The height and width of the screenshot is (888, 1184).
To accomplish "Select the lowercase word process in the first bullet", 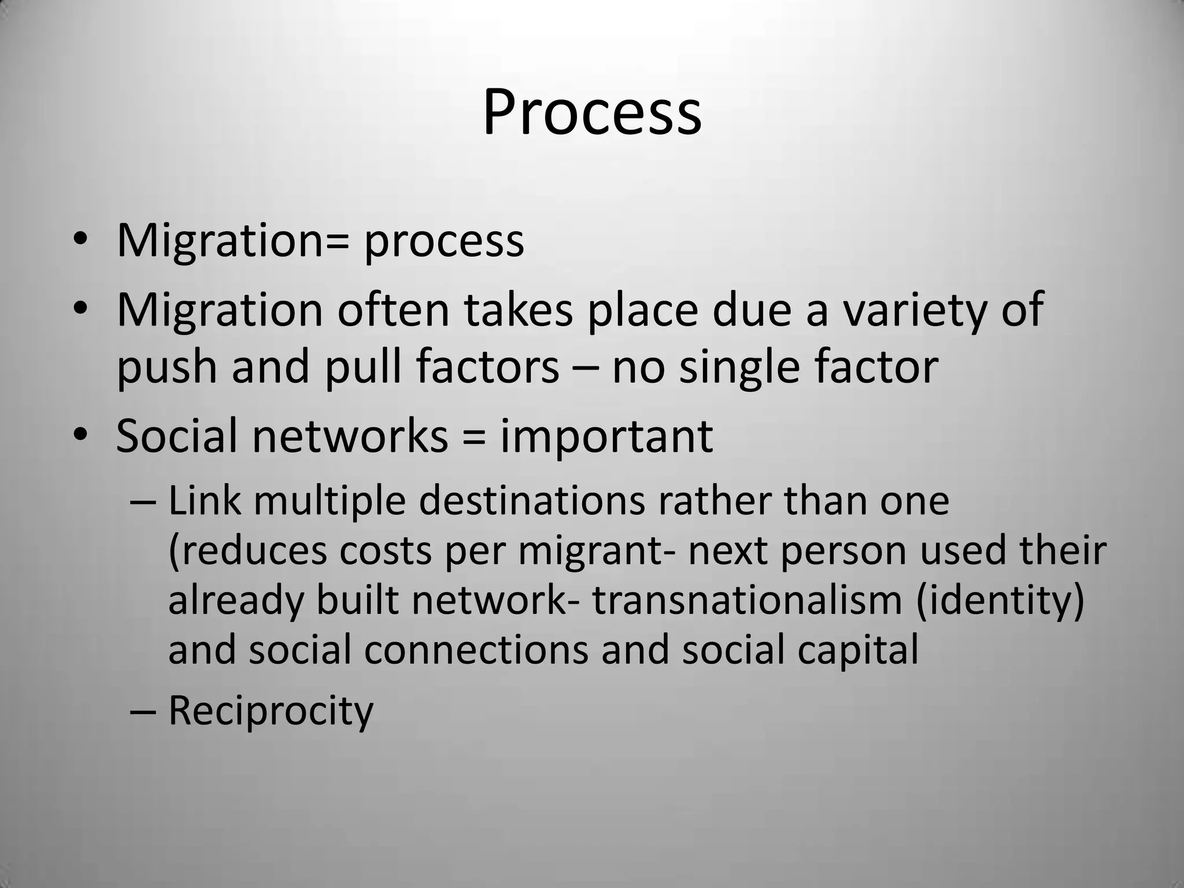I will (443, 242).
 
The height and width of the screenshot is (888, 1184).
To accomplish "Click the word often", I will (393, 310).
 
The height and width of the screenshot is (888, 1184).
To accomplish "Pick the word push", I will (166, 369).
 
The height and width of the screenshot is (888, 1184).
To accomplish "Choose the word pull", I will (363, 369).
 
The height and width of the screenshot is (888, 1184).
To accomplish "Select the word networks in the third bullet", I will (350, 436).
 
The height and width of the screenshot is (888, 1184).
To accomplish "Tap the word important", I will (606, 437).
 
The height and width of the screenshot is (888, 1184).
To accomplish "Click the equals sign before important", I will (474, 437).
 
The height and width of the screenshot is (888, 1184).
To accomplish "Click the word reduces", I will (249, 552).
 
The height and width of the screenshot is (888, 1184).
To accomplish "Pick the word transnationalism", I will (747, 600).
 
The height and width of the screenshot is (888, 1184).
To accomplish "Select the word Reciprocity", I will (271, 711).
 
